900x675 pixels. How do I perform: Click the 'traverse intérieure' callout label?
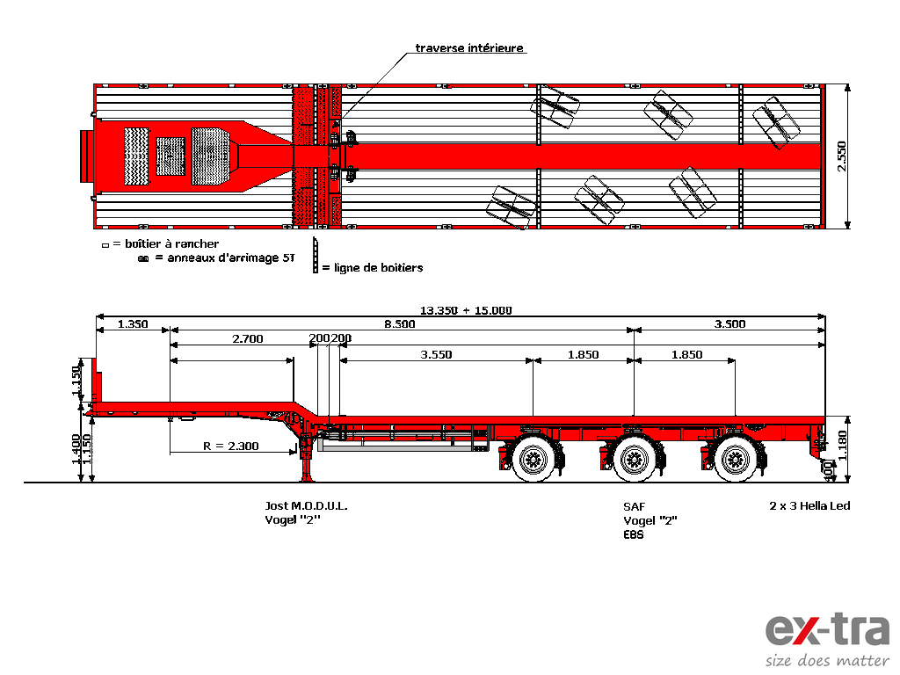coord(469,47)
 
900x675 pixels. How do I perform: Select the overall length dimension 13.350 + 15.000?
coord(466,310)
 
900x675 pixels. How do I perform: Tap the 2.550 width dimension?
coord(841,156)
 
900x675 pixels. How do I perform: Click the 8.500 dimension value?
coord(400,324)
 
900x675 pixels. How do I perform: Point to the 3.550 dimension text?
coord(436,355)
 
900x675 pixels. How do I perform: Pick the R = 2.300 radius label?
coord(231,446)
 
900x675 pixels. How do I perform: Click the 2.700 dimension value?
coord(247,339)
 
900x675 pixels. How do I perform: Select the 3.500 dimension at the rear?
coord(729,324)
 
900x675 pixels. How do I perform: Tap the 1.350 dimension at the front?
coord(133,324)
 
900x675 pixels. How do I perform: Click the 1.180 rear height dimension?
coord(842,446)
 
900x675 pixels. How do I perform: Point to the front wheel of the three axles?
coord(533,459)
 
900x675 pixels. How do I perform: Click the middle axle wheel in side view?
coord(635,459)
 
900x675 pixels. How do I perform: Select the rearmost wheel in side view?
coord(736,459)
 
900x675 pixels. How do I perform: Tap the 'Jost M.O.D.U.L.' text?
coord(306,505)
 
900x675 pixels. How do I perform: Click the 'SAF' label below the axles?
coord(635,506)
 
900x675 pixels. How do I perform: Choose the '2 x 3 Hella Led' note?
coord(809,505)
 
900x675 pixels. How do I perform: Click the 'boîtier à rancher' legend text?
coord(171,244)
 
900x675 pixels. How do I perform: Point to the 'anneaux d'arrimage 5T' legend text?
coord(231,258)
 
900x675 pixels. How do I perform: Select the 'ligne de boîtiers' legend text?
coord(378,267)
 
